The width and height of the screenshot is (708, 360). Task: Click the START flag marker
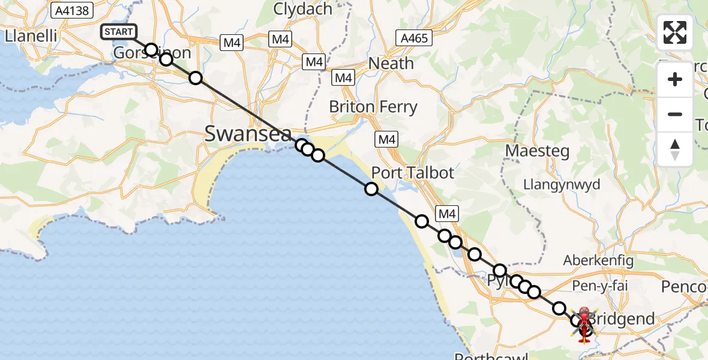click(122, 32)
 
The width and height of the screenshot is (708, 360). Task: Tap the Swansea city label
click(248, 133)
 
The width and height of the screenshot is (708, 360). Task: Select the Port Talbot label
click(413, 173)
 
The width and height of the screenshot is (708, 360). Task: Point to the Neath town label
click(391, 63)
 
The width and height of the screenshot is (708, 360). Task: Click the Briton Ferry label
click(373, 107)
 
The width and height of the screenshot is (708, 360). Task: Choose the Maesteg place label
click(537, 151)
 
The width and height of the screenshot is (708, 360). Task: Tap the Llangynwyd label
click(562, 184)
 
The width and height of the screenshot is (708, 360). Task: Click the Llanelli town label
click(31, 36)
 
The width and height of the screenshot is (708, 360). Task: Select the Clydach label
click(303, 9)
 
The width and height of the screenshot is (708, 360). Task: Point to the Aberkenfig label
click(594, 260)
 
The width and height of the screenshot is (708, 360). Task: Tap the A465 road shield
click(415, 39)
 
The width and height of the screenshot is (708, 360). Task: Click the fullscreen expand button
click(675, 32)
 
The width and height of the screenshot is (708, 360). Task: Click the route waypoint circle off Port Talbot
click(371, 189)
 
